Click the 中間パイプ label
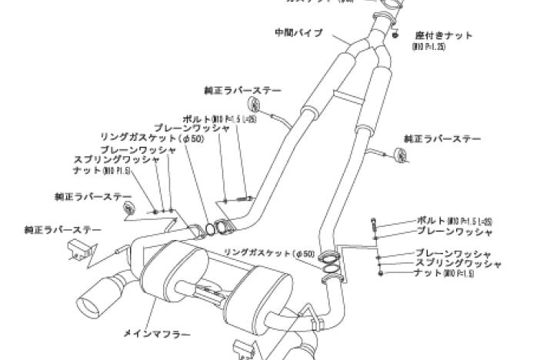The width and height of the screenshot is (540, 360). (x=298, y=33)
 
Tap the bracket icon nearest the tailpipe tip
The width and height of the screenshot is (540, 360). (x=80, y=249)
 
